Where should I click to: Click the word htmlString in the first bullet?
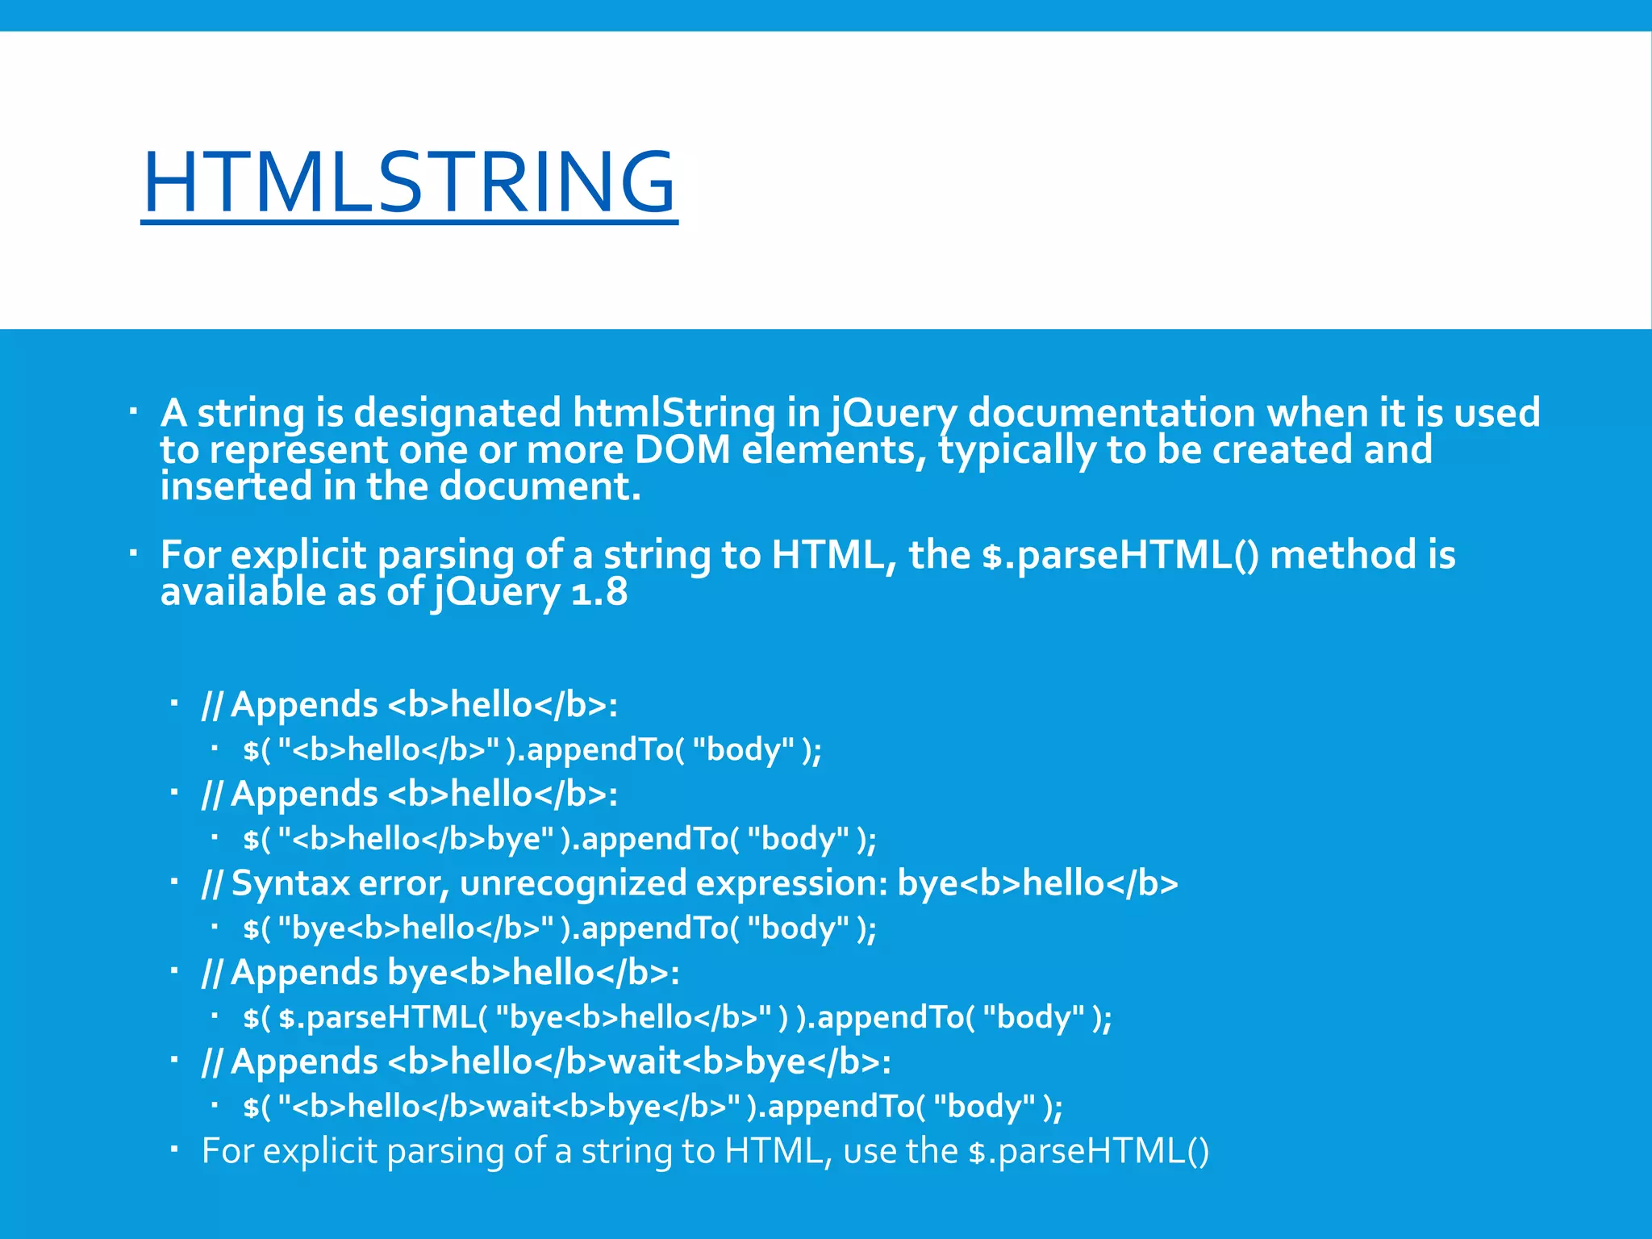coord(674,413)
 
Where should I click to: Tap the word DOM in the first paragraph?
coord(682,450)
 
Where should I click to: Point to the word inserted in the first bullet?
coord(235,486)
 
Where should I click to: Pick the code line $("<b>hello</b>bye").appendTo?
coord(560,839)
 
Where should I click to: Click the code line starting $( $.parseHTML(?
coord(678,1017)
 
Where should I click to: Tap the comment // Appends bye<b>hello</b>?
coord(440,973)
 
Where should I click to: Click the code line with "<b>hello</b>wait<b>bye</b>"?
coord(653,1106)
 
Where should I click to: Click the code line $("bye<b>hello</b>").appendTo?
coord(560,928)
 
